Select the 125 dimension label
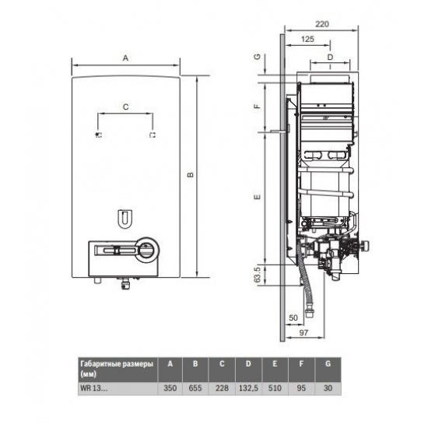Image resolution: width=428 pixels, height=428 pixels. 307,38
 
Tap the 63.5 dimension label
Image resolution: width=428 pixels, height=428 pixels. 258,275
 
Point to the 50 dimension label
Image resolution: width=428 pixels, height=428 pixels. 293,318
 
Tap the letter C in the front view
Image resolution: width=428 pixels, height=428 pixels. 125,107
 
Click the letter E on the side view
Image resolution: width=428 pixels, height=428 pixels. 258,198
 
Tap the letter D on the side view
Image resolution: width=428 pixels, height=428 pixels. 329,57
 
